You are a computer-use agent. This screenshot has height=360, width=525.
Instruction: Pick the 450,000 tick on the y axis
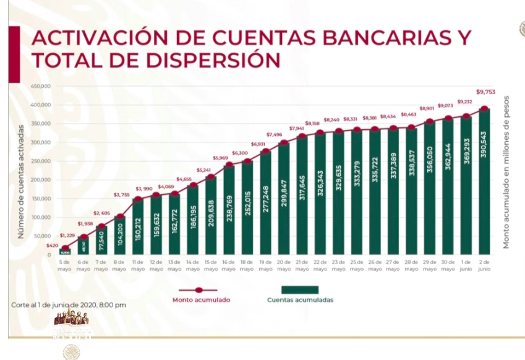(42, 86)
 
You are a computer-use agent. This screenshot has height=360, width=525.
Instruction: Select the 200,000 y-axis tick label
(42, 180)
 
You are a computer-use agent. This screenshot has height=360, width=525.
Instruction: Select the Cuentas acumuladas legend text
(300, 300)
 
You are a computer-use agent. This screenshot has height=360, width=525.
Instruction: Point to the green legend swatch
(300, 289)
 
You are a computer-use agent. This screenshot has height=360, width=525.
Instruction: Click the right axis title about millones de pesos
(506, 172)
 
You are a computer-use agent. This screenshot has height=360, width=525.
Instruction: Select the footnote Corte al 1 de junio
(69, 305)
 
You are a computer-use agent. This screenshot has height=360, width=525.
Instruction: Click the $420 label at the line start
(52, 245)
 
